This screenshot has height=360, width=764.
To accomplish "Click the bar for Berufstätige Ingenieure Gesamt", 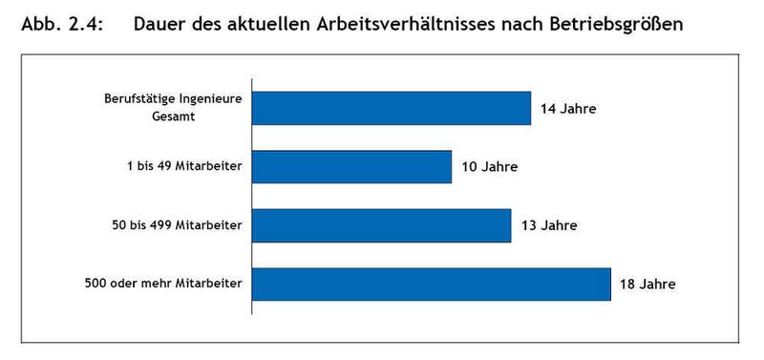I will [x=391, y=108].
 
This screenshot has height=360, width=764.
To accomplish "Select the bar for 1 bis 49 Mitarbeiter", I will [x=351, y=166].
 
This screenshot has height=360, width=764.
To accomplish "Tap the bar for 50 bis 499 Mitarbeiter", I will [x=381, y=225].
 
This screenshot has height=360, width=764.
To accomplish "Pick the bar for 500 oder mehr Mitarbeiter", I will [x=431, y=284].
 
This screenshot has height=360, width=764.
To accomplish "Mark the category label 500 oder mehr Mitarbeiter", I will [x=167, y=284].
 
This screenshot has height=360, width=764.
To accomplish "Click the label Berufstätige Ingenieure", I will [x=173, y=98].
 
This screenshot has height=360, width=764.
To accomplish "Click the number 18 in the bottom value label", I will [x=627, y=285].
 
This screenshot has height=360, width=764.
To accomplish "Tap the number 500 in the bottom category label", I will [x=97, y=284].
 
